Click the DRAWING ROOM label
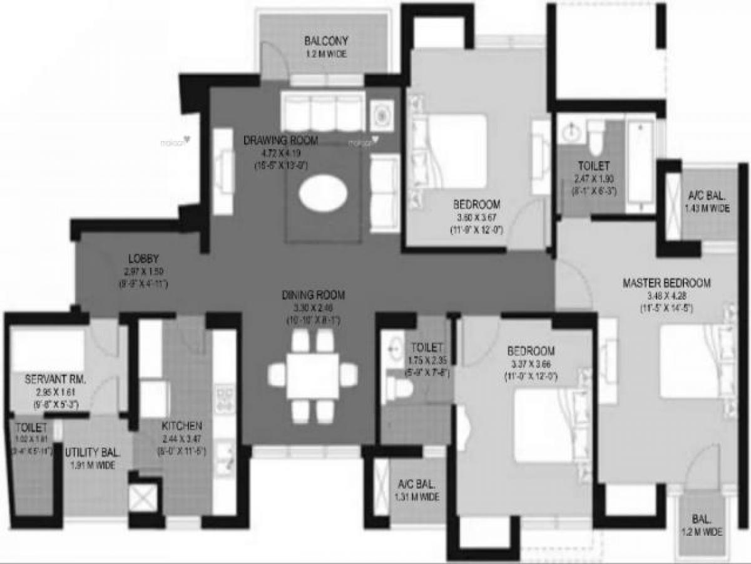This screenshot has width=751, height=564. click(x=281, y=140)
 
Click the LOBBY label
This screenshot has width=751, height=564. click(x=143, y=258)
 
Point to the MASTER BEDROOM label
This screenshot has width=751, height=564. click(x=667, y=283)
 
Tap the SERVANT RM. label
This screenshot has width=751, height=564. click(x=55, y=380)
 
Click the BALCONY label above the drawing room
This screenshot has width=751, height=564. click(x=326, y=41)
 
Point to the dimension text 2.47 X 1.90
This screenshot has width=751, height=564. click(x=594, y=179)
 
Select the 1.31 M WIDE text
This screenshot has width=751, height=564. click(x=417, y=497)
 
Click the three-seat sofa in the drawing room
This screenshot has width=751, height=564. click(x=323, y=112)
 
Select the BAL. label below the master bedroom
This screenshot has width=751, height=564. click(x=701, y=520)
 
